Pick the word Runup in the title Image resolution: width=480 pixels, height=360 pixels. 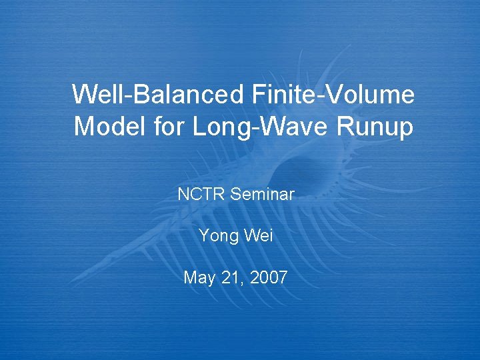click(x=378, y=127)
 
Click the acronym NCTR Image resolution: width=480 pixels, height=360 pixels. click(x=201, y=195)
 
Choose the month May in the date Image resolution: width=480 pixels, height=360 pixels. click(x=198, y=278)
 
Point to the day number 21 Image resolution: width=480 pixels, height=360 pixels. click(x=230, y=277)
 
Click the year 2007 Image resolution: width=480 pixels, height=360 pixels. click(x=269, y=277)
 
